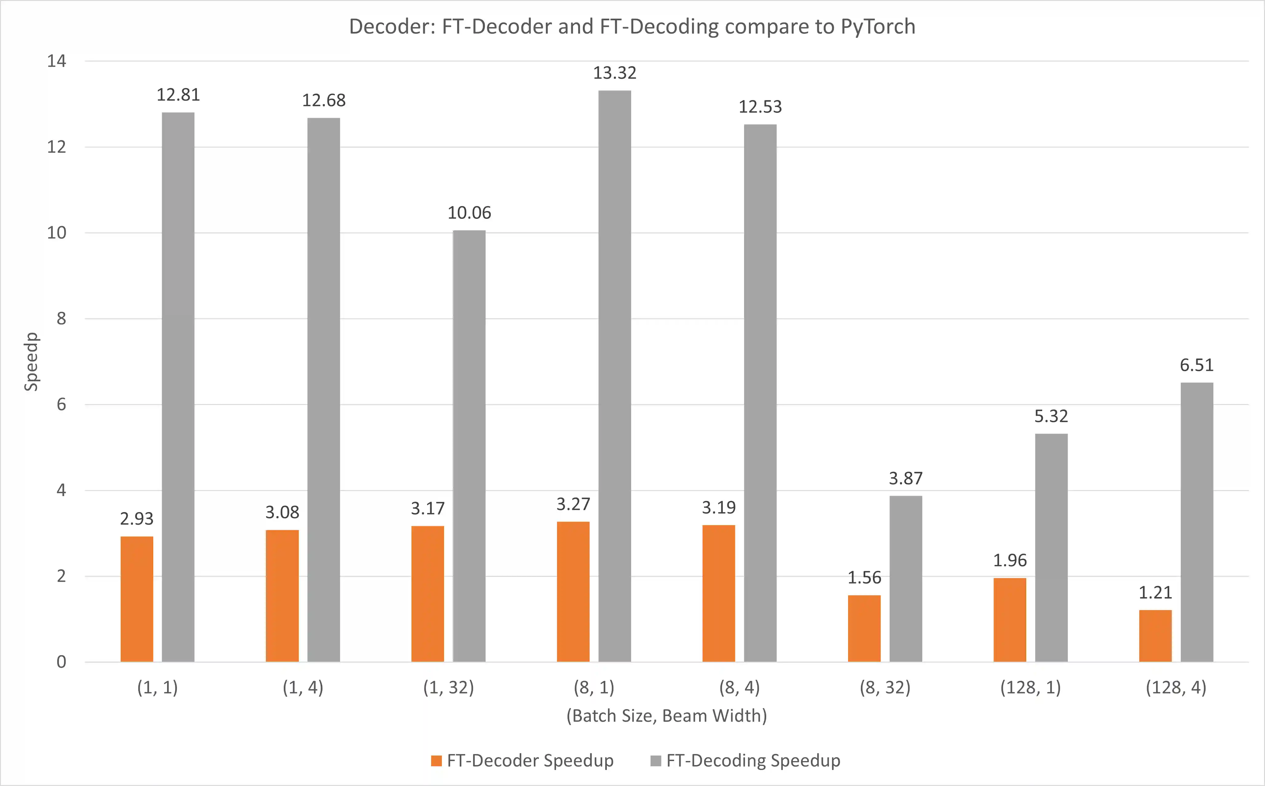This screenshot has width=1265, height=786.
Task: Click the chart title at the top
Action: pyautogui.click(x=632, y=26)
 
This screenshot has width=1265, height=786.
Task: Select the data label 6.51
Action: pyautogui.click(x=1196, y=365)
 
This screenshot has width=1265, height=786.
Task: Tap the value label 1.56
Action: pyautogui.click(x=864, y=578)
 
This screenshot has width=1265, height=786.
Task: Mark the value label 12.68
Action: pyautogui.click(x=323, y=100)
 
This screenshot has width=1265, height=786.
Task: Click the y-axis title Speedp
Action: pyautogui.click(x=31, y=361)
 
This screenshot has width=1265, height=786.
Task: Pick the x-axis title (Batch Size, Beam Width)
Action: pyautogui.click(x=666, y=716)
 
